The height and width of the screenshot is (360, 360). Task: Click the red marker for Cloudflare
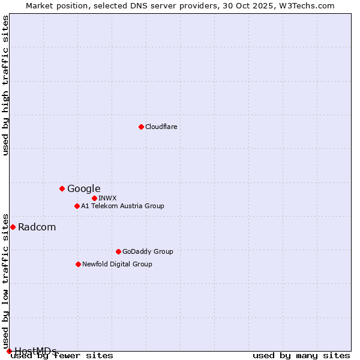click(141, 127)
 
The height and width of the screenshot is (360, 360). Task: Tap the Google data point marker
click(62, 188)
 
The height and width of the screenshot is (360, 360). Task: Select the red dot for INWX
click(94, 198)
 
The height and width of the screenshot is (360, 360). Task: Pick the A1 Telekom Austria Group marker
click(77, 206)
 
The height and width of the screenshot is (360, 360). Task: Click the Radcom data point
click(13, 227)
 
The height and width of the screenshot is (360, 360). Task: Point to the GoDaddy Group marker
click(118, 251)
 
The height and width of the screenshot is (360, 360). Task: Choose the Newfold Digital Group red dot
click(78, 264)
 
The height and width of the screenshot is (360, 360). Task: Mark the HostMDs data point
click(9, 351)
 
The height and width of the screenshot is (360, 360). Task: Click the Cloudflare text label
click(161, 127)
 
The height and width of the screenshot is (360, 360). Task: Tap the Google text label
click(83, 188)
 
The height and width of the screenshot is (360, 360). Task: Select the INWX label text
click(107, 198)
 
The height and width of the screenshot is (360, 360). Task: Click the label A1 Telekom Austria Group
click(122, 206)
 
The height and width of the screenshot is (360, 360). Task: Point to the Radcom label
click(37, 227)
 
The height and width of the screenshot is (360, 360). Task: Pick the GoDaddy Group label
click(148, 251)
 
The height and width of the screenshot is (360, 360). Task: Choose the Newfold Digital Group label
click(117, 264)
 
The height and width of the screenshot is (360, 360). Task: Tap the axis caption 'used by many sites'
click(301, 355)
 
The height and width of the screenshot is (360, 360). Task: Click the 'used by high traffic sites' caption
click(6, 85)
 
